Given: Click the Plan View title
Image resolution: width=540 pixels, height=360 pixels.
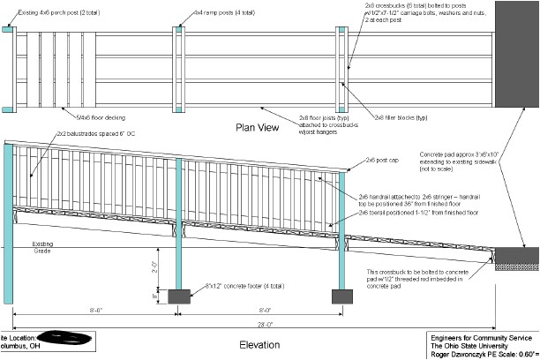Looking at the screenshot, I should pyautogui.click(x=258, y=127).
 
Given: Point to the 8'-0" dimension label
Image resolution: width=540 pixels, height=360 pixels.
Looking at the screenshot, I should pyautogui.click(x=260, y=311).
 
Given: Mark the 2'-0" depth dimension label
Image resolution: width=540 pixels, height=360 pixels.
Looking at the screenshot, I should pyautogui.click(x=153, y=265).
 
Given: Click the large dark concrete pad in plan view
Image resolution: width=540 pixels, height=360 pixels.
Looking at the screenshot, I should pyautogui.click(x=517, y=54).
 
